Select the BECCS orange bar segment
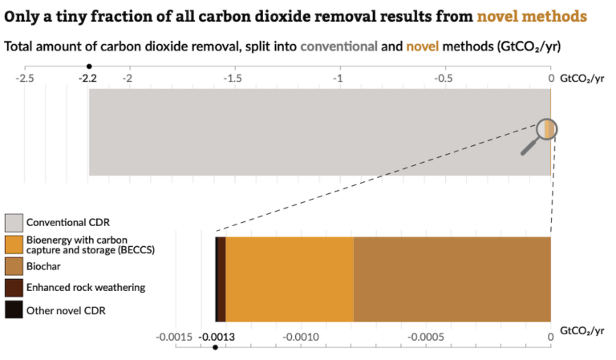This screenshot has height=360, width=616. pos(289,279)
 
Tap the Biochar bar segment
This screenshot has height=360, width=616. pos(452,279)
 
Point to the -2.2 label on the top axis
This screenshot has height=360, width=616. pos(88,79)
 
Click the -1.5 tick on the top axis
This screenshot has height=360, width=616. pos(232,79)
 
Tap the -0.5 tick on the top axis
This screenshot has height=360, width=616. pos(444,79)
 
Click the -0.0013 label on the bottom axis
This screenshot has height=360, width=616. pos(215,336)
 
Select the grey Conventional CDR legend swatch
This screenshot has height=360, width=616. pos(14,221)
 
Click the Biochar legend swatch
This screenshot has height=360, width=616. pos(14,265)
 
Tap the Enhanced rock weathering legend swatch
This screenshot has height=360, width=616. pos(14,287)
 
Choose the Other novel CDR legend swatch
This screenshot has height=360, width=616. pos(14,309)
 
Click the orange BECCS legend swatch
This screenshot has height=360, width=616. pos(14,244)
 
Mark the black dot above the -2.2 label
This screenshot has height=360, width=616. pos(89,67)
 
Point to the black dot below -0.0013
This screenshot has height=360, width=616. pos(215,347)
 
